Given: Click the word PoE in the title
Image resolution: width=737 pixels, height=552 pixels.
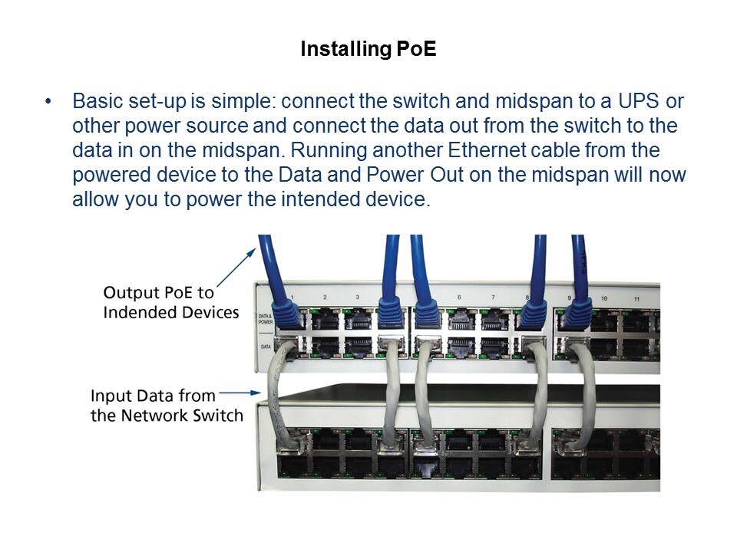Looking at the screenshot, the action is click(416, 49).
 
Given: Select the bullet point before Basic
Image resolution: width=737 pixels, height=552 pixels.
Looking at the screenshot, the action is click(48, 101).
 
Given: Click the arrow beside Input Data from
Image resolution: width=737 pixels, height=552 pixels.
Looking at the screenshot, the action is click(240, 393).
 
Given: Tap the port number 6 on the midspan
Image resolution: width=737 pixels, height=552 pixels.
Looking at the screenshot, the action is click(459, 297).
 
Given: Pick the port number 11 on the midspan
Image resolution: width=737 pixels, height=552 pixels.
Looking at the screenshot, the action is click(636, 298).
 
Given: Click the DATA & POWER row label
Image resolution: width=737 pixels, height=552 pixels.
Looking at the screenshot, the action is click(266, 319).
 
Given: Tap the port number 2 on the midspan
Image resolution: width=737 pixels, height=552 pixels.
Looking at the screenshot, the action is click(325, 297).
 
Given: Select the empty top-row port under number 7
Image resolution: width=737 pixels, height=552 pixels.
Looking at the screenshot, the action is click(494, 320).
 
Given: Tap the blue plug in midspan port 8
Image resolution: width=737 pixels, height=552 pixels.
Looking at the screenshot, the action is click(533, 314).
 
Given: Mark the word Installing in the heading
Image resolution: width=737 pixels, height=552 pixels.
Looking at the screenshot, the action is click(345, 49).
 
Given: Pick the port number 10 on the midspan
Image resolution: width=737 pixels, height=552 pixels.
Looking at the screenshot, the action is click(604, 298).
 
